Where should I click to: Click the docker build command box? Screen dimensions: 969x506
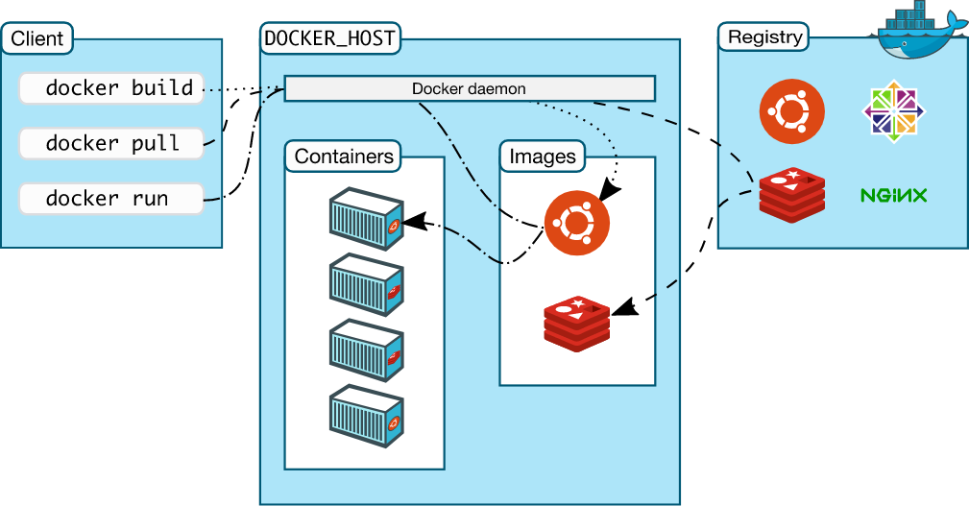pos(111,88)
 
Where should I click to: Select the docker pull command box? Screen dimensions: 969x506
pos(111,143)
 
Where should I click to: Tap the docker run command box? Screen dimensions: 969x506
pos(111,199)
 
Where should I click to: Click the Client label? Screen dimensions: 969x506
pos(37,38)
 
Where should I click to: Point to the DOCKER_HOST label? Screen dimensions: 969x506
pos(329,38)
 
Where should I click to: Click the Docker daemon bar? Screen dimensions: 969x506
pos(469,88)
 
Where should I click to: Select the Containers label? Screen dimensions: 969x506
pos(344,157)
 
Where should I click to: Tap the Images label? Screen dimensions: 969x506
pos(542,157)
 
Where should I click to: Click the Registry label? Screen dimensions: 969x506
pos(764,37)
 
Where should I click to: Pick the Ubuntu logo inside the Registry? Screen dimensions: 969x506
pos(791,111)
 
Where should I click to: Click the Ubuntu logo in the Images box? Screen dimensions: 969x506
pos(576,223)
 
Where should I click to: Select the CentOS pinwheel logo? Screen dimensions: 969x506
pos(893,111)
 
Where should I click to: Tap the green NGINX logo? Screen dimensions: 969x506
pos(893,195)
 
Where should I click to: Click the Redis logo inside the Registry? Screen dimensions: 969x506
pos(792,195)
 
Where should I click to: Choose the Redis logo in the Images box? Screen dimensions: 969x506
pos(576,324)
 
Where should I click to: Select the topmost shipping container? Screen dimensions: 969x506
pos(367,219)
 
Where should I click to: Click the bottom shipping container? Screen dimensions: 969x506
pos(367,416)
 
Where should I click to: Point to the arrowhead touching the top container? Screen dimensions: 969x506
pos(414,222)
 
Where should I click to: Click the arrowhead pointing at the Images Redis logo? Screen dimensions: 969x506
pos(624,307)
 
